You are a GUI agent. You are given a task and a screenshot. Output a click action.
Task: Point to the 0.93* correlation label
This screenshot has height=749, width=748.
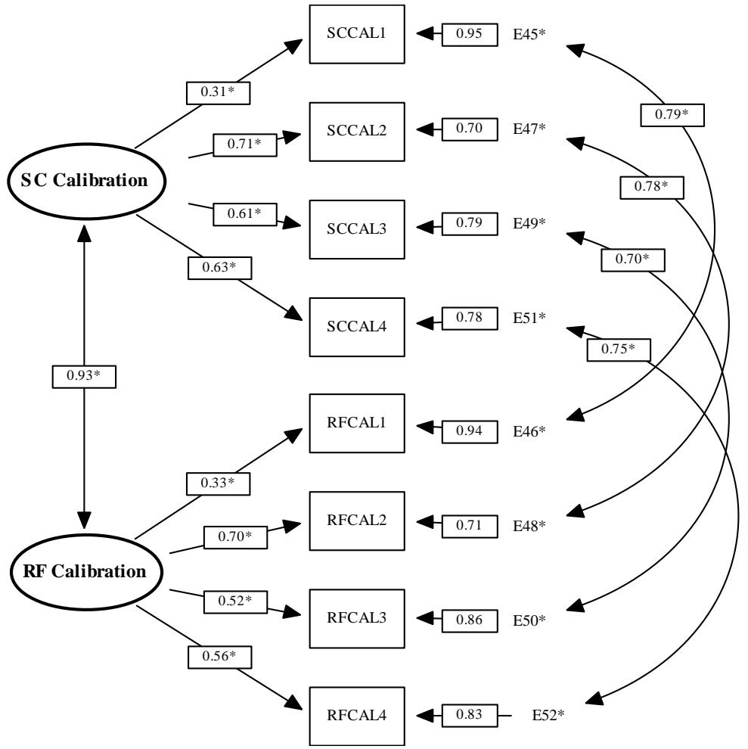click(x=84, y=377)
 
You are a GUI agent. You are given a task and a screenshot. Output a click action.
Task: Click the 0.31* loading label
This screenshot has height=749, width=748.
click(x=218, y=92)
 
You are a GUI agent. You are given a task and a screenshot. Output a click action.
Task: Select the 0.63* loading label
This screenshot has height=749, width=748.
click(x=219, y=268)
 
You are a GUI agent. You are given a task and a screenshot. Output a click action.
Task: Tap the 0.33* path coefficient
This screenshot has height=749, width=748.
click(x=218, y=483)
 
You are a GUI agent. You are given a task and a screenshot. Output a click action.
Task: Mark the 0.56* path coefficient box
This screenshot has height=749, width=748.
click(x=219, y=657)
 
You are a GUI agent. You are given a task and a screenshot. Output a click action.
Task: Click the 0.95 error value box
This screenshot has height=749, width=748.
click(x=470, y=34)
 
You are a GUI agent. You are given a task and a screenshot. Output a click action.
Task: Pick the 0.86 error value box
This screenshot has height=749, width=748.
click(x=470, y=621)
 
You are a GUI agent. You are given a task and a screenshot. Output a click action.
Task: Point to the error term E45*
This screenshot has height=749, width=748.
click(x=529, y=34)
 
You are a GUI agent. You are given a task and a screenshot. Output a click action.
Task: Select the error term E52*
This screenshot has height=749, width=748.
click(x=548, y=715)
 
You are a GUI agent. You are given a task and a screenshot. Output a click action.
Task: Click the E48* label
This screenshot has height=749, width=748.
click(x=529, y=526)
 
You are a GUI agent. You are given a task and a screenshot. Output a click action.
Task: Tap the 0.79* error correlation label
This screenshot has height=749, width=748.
click(x=672, y=115)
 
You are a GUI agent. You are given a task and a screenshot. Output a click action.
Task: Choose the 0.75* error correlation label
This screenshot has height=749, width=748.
click(x=619, y=350)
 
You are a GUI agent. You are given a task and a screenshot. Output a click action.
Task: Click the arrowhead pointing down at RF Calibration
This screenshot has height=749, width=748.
click(x=84, y=521)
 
